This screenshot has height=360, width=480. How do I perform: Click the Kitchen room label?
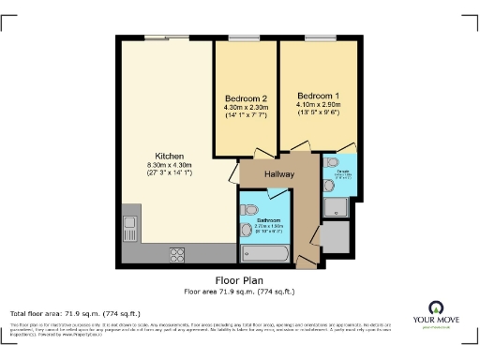[170, 156]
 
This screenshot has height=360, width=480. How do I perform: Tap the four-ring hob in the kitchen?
[177, 254]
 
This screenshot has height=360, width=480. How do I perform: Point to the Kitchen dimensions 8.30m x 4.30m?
[170, 165]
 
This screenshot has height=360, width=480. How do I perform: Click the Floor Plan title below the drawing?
[238, 279]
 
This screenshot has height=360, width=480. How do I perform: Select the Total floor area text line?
[75, 313]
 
